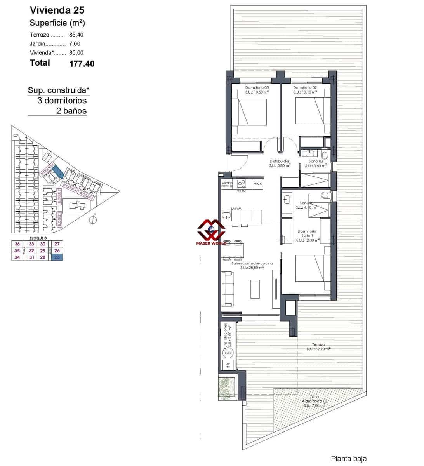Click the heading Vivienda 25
(57, 10)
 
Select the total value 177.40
(82, 64)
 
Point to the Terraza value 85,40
(76, 35)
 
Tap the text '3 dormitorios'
(62, 101)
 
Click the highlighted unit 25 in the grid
(57, 257)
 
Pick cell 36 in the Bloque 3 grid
(17, 244)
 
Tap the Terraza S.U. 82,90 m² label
(318, 347)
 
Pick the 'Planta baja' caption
(348, 459)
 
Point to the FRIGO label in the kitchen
(257, 184)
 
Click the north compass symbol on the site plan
(93, 220)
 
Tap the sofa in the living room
(228, 289)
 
